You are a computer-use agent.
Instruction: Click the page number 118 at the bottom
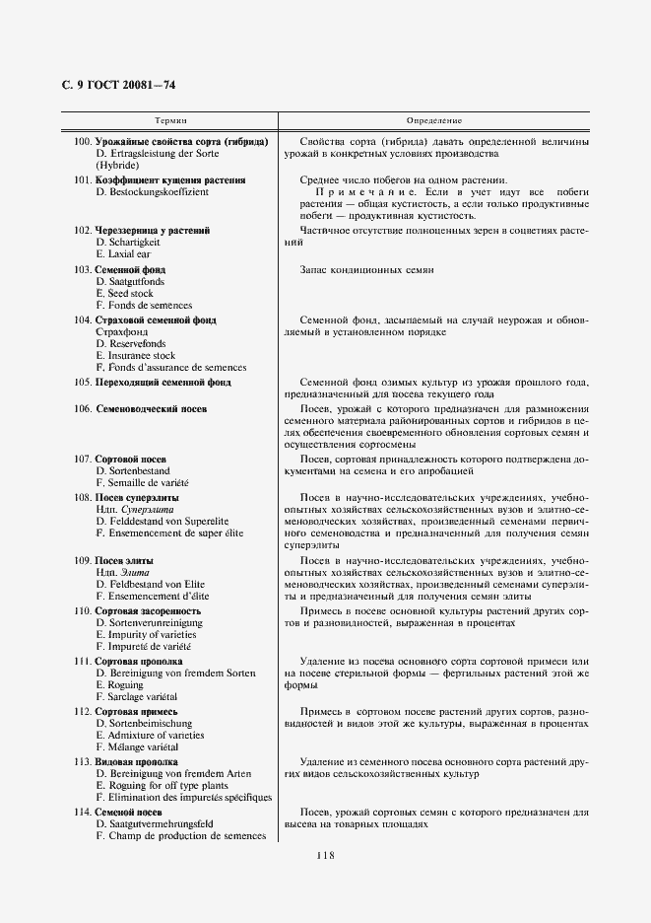click(x=325, y=855)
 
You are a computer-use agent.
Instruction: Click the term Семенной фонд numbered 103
click(x=130, y=269)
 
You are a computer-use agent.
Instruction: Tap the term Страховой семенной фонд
click(x=156, y=319)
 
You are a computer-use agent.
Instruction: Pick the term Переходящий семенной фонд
click(x=163, y=382)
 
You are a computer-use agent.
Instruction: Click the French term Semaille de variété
click(x=142, y=483)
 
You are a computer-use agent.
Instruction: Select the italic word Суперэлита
click(x=141, y=509)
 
